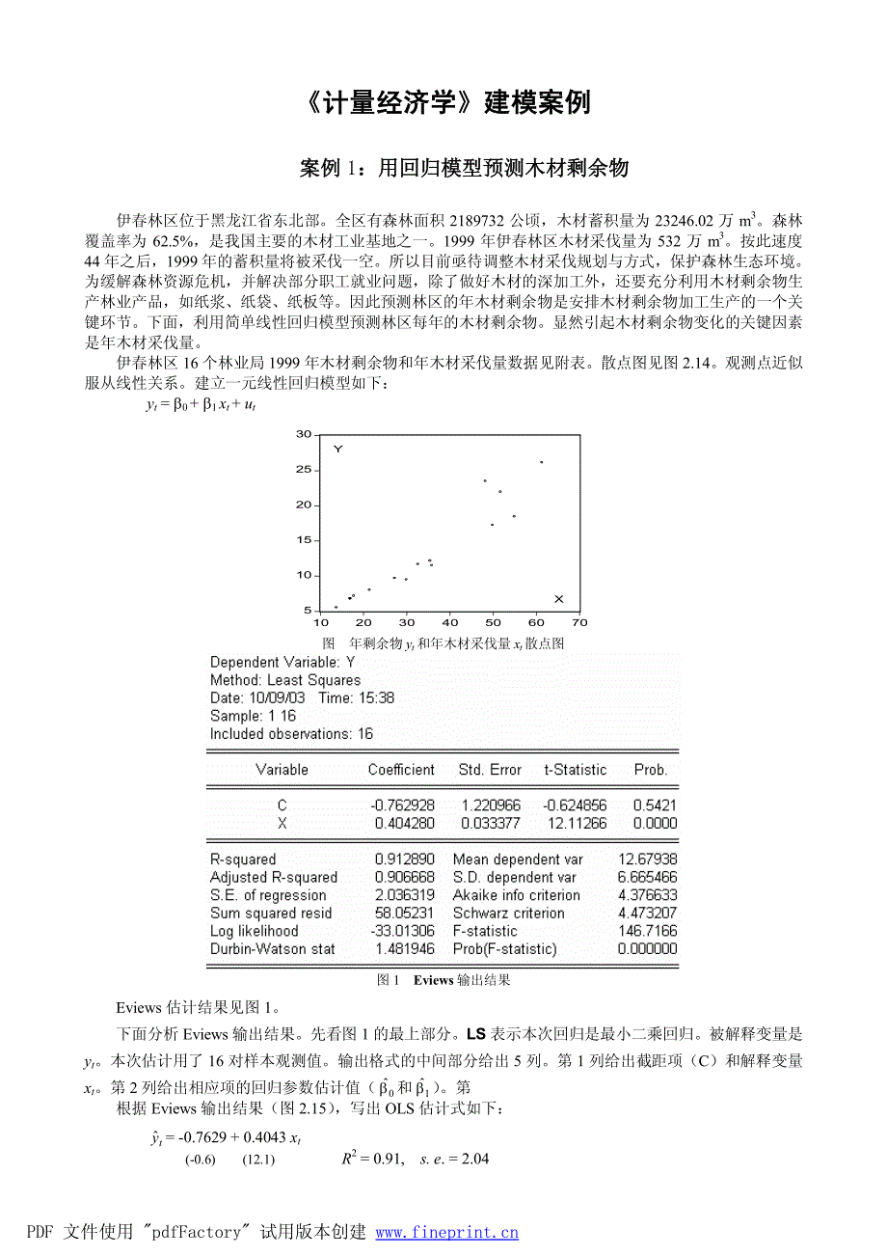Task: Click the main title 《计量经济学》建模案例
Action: (444, 103)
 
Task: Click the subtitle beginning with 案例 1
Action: (464, 169)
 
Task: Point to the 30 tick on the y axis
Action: (305, 434)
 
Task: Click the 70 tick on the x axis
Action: (579, 621)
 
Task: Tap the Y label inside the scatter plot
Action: (338, 450)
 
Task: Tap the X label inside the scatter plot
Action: (558, 599)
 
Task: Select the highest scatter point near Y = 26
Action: (541, 462)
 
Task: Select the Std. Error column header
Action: (490, 770)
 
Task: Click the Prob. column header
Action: (650, 770)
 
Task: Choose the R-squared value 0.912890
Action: (404, 860)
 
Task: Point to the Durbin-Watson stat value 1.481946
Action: (404, 949)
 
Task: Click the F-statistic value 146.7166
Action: (648, 931)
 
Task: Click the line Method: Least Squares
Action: (285, 680)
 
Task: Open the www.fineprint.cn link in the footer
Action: (446, 1232)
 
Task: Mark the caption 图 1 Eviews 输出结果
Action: (443, 980)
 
